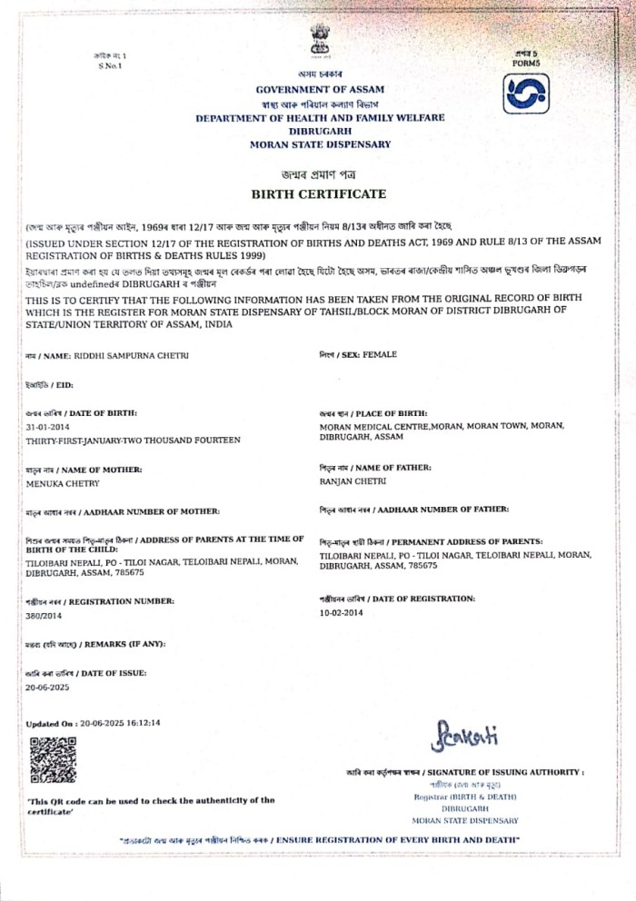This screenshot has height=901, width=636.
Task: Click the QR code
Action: click(53, 760)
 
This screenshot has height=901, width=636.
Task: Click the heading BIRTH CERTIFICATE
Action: click(319, 193)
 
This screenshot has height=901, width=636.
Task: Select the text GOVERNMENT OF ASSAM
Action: click(320, 89)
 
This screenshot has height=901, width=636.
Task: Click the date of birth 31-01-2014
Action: click(48, 426)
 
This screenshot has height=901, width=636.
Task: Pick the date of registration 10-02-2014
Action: click(341, 613)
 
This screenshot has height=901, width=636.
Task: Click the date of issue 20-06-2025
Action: click(48, 688)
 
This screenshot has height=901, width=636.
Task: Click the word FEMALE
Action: click(380, 353)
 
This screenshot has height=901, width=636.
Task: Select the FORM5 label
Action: click(525, 64)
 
